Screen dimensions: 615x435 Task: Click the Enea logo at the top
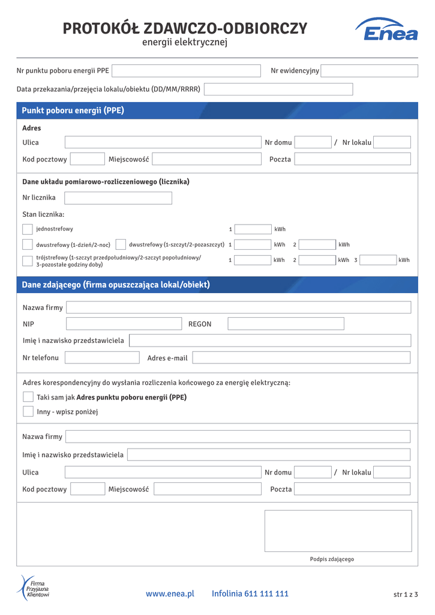(386, 29)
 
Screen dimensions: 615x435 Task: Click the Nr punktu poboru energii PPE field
(186, 71)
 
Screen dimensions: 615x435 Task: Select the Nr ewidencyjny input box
(369, 71)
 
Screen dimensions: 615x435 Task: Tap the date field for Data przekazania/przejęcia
(278, 89)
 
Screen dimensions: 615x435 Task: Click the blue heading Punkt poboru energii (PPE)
(73, 111)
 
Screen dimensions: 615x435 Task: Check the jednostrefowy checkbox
(28, 229)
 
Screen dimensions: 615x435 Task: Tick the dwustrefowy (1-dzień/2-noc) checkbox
(28, 244)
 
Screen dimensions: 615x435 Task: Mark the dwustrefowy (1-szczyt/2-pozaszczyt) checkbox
(121, 244)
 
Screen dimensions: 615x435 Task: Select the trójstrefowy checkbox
(28, 261)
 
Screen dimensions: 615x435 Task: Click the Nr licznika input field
(118, 198)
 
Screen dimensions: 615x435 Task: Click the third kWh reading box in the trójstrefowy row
(378, 260)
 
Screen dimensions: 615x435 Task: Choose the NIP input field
(124, 324)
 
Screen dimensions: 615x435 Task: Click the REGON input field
(286, 324)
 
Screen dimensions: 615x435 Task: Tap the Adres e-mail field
(301, 358)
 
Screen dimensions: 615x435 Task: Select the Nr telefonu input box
(102, 358)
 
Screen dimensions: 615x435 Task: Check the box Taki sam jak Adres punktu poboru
(28, 397)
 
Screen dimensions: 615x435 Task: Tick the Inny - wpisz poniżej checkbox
(28, 411)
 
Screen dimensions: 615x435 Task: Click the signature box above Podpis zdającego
(338, 531)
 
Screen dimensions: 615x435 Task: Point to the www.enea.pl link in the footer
(170, 594)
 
